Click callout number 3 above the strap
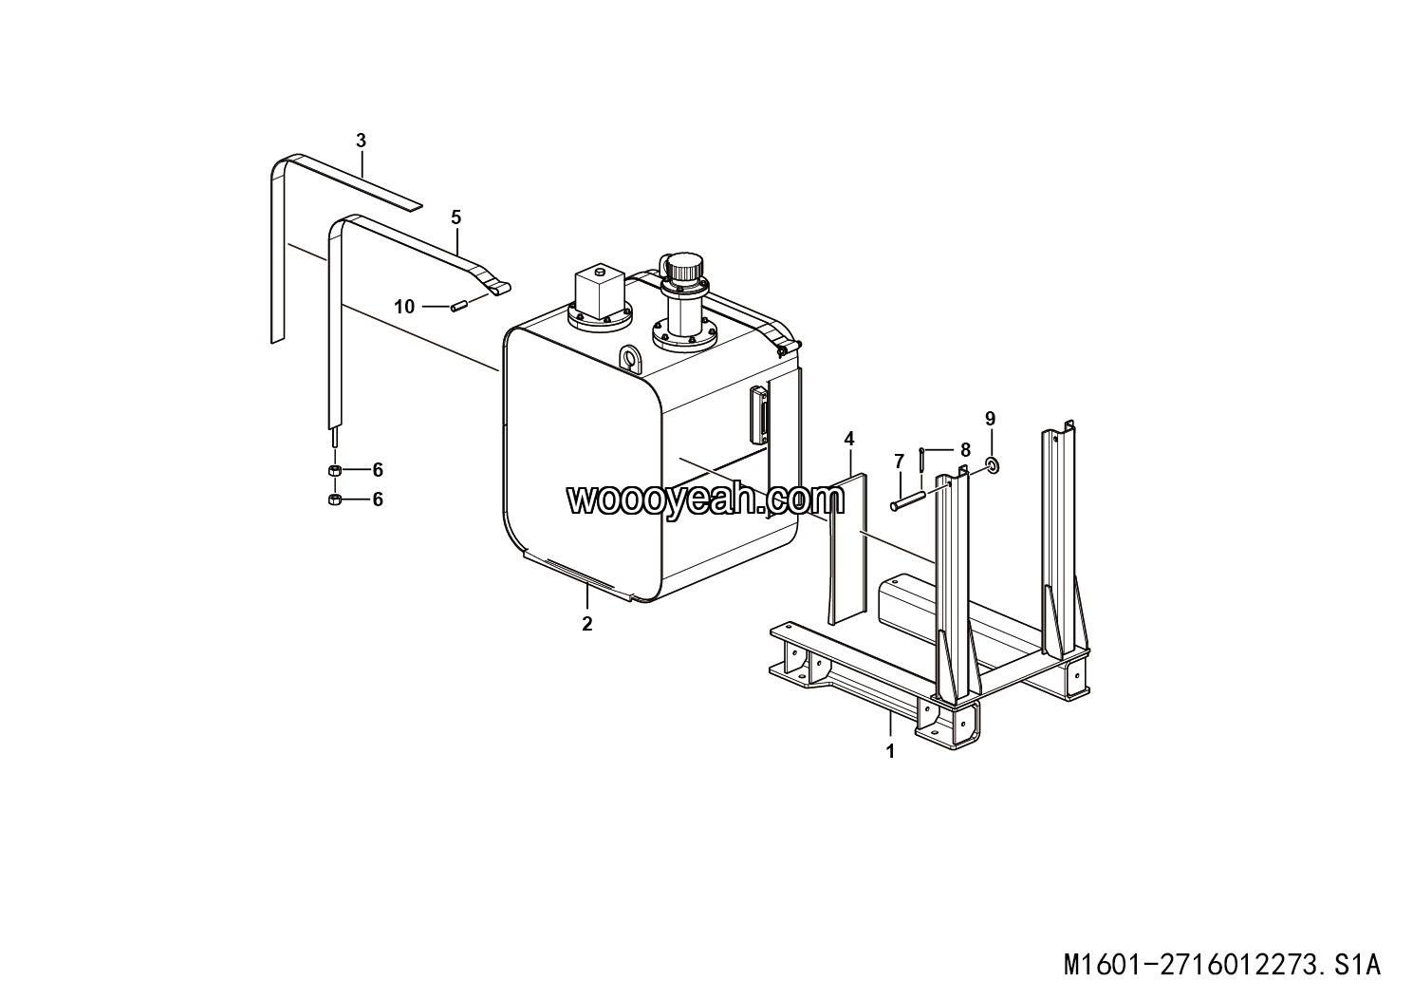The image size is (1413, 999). [x=361, y=141]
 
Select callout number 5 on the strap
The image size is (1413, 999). [x=456, y=217]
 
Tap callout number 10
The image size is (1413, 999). [x=404, y=306]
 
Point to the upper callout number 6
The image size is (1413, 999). [x=378, y=470]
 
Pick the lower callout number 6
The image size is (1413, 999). [x=378, y=499]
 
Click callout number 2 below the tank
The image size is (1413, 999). [x=587, y=624]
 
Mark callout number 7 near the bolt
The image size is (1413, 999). [x=899, y=462]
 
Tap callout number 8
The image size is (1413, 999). [x=966, y=449]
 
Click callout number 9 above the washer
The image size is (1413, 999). [x=991, y=419]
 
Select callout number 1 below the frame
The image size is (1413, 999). [x=890, y=751]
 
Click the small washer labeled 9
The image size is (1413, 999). [x=992, y=464]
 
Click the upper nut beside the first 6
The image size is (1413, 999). [x=334, y=471]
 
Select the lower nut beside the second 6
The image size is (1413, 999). [x=334, y=500]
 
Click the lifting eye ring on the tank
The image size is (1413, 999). [x=630, y=358]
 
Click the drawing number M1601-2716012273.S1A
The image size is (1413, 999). [x=1221, y=966]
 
